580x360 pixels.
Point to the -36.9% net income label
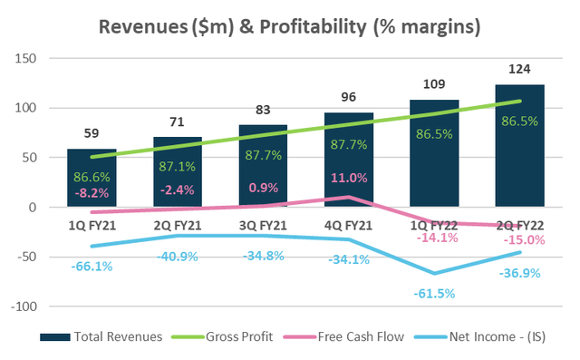[x=522, y=271]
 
